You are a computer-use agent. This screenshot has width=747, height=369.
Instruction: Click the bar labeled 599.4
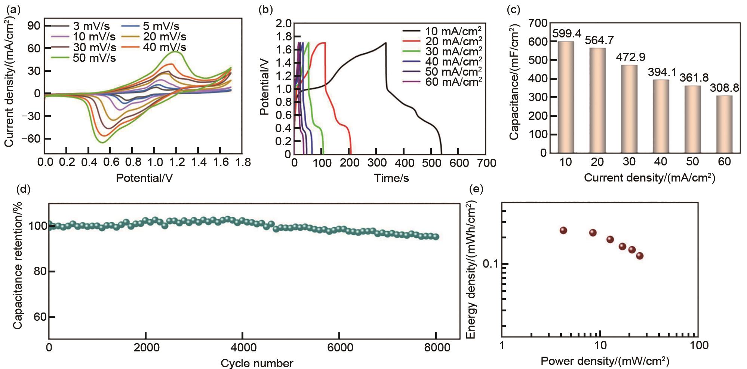(x=566, y=97)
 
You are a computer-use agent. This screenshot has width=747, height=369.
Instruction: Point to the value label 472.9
(x=630, y=58)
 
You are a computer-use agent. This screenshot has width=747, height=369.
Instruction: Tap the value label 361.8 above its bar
(x=693, y=78)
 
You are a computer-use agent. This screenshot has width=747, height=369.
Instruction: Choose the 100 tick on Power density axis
(x=698, y=345)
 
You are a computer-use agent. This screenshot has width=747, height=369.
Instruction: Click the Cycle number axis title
(x=257, y=363)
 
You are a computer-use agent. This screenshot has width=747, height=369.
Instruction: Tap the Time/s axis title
(x=391, y=178)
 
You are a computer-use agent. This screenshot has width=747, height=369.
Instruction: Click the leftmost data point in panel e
(x=563, y=231)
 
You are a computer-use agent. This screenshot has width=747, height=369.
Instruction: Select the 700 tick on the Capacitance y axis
(x=537, y=24)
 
